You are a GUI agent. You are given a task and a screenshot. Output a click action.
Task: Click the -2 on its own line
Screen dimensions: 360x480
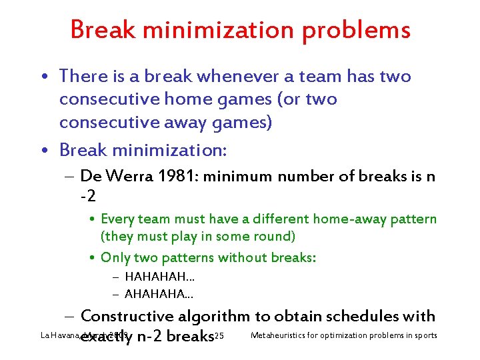pyautogui.click(x=89, y=197)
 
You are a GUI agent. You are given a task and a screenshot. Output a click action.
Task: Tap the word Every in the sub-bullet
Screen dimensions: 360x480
pyautogui.click(x=117, y=219)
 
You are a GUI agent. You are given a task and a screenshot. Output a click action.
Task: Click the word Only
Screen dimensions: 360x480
pyautogui.click(x=115, y=257)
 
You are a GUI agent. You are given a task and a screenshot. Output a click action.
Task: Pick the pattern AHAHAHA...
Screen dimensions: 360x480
pyautogui.click(x=157, y=293)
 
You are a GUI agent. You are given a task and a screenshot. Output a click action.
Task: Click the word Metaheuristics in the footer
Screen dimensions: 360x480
pyautogui.click(x=282, y=335)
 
